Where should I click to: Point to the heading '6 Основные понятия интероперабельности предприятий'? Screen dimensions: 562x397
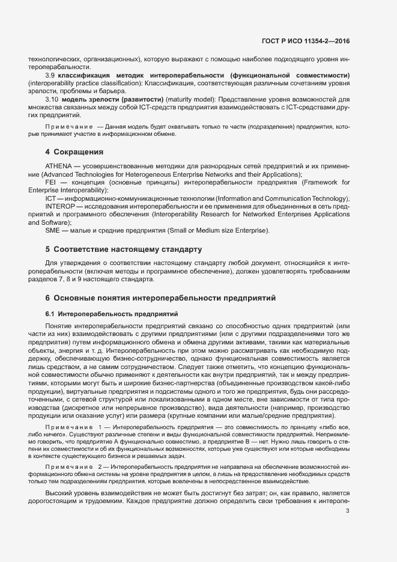160,298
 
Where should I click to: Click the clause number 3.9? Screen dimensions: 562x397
50,75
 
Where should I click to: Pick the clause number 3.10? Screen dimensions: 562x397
52,98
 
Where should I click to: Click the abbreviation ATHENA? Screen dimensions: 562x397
58,165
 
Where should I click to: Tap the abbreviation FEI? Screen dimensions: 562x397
50,182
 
